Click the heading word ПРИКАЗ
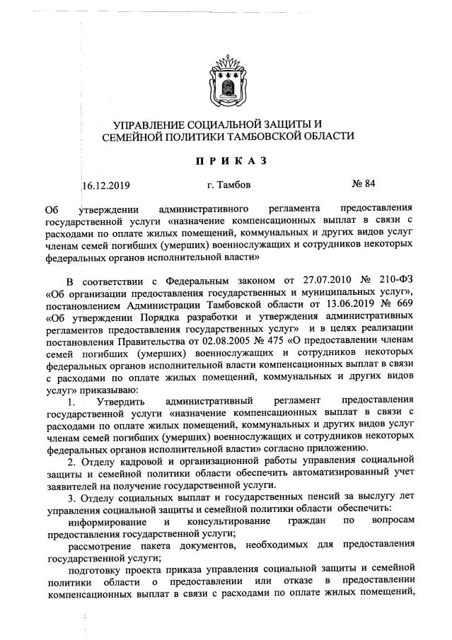point(226,161)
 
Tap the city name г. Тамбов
point(228,185)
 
